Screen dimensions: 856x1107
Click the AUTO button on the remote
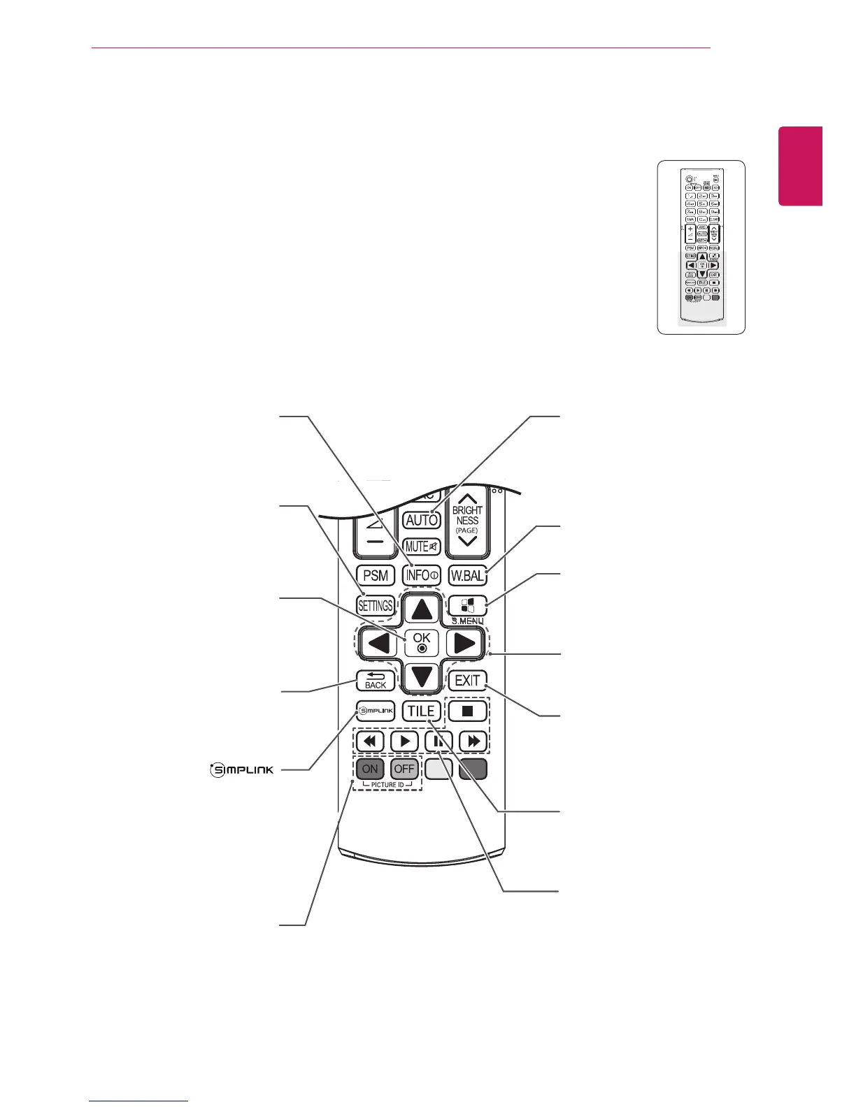(x=422, y=520)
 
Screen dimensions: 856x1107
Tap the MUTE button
(x=422, y=547)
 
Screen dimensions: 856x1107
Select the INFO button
(x=422, y=575)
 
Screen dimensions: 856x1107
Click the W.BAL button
(x=467, y=575)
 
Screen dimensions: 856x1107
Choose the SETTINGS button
(x=376, y=606)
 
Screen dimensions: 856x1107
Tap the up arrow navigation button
(x=422, y=609)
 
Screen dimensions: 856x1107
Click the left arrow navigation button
(x=378, y=643)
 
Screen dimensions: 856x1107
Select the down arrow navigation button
(x=422, y=676)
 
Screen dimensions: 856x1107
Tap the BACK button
(x=376, y=681)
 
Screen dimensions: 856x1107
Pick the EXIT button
(x=467, y=680)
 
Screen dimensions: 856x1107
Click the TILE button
(x=422, y=711)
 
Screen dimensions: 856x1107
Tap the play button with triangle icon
(x=404, y=741)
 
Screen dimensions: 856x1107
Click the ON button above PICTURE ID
(x=370, y=769)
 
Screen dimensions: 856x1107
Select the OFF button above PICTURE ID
(x=404, y=769)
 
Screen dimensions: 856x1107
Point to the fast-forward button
(x=473, y=741)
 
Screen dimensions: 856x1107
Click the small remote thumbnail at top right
(x=701, y=247)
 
